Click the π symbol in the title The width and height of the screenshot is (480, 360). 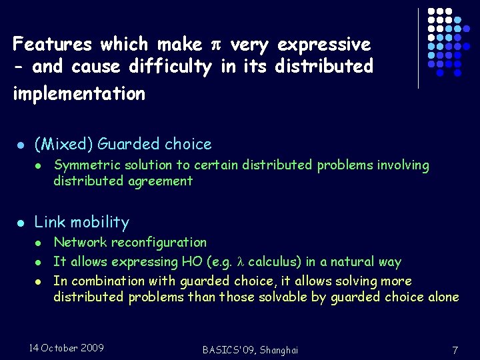pyautogui.click(x=215, y=45)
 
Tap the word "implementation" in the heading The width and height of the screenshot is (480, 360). pyautogui.click(x=79, y=93)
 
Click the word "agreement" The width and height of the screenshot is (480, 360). pyautogui.click(x=160, y=181)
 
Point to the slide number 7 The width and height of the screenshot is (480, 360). pyautogui.click(x=454, y=350)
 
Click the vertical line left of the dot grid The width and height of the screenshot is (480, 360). pyautogui.click(x=418, y=48)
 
